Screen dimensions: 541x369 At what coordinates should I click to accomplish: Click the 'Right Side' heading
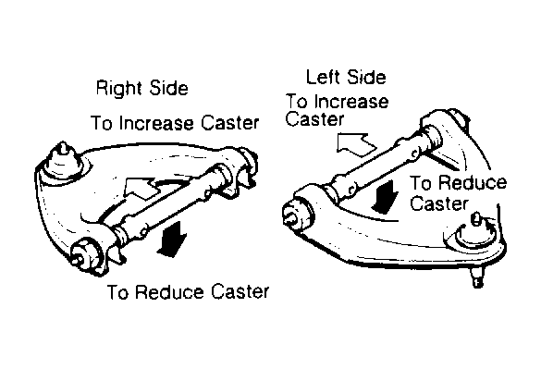coord(142,89)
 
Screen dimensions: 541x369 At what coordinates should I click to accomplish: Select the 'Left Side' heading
coord(346,77)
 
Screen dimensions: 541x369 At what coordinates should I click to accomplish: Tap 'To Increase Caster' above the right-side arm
coord(175,123)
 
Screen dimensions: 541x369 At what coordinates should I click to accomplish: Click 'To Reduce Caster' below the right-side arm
coord(188,292)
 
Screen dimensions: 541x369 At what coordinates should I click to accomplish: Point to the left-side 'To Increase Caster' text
coord(338,110)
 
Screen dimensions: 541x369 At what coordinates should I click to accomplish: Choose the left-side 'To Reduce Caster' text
coord(458,193)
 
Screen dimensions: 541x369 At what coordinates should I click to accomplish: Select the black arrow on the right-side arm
coord(171,240)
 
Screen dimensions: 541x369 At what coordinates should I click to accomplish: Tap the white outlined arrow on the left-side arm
coord(356,145)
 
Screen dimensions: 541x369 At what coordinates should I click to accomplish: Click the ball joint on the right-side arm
coord(64,162)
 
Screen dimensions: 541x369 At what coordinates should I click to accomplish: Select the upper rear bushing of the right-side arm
coord(246,163)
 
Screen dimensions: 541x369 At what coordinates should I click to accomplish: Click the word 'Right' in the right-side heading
coord(118,89)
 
